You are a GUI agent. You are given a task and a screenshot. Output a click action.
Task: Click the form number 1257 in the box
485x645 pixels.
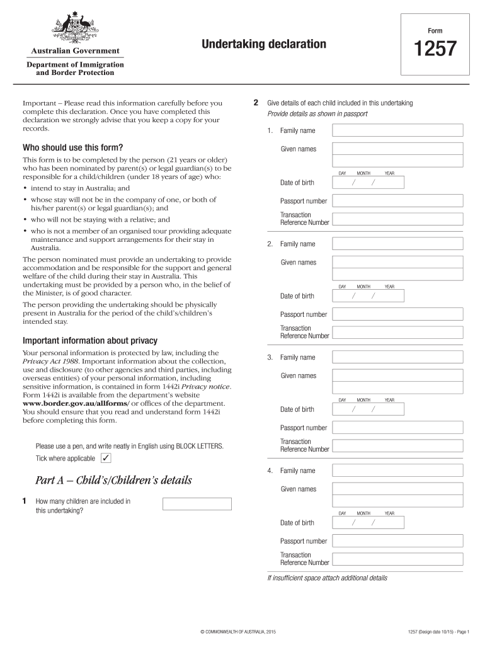pos(434,49)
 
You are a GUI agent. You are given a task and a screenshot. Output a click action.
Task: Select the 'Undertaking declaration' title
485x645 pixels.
pos(264,44)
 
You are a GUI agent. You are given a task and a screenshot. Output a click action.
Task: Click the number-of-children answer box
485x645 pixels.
pos(197,504)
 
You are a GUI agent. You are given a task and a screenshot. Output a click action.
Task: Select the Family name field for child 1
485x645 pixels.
pos(397,130)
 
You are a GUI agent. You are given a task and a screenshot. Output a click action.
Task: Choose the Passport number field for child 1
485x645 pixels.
pos(397,201)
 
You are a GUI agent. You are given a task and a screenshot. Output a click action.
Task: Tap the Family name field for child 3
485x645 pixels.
pos(397,357)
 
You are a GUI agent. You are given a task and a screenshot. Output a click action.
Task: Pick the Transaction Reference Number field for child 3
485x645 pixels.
pos(397,445)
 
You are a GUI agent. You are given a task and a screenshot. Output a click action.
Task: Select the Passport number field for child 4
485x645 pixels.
pos(397,541)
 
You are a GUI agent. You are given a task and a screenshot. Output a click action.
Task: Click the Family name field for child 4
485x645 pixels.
pos(397,471)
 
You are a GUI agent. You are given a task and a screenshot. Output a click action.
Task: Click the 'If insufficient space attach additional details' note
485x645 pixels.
pos(327,578)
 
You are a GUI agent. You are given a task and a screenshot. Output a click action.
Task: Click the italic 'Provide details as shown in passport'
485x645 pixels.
pos(317,114)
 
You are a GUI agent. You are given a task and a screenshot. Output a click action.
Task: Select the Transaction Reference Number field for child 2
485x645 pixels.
pos(397,332)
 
